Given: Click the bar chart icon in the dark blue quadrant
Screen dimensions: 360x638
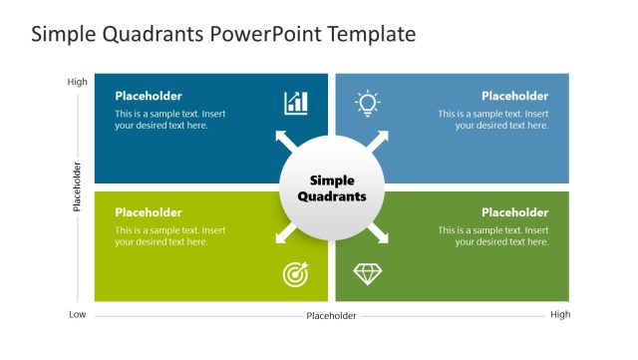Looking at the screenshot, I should tap(296, 103).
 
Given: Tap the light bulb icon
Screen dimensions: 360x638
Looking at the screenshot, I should tap(368, 102).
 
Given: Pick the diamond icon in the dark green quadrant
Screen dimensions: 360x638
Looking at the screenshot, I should tap(368, 273).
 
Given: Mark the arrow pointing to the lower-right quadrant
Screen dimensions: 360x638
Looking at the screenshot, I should tap(380, 235).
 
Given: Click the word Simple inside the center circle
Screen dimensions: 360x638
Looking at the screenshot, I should tap(332, 180).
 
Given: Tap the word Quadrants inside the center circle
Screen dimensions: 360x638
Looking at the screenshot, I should tap(332, 196).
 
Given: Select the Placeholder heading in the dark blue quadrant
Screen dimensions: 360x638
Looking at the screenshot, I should tap(149, 97).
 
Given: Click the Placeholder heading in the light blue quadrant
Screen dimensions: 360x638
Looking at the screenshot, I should tap(514, 97).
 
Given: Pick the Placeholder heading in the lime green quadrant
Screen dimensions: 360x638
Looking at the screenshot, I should tap(149, 212).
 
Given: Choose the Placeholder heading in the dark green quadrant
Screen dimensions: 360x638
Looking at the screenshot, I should tap(514, 212).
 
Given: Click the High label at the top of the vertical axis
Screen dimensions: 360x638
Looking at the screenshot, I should tap(77, 82).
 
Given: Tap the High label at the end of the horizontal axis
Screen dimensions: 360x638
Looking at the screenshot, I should tap(560, 315).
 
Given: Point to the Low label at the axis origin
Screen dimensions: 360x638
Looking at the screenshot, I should tap(78, 315).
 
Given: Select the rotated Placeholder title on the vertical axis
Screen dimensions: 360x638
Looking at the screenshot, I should tap(77, 186).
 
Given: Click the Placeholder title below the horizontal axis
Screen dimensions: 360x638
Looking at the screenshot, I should tap(331, 316).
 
